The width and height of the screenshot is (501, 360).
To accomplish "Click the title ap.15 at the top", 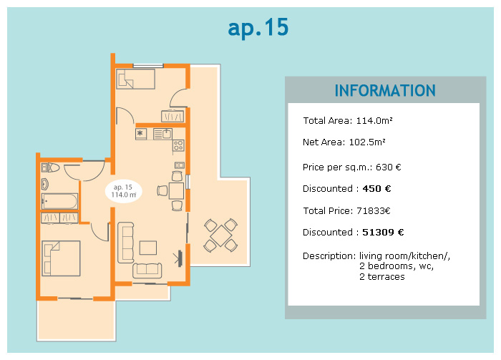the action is coord(258,28).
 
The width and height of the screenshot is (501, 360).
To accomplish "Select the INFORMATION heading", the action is coord(385,90).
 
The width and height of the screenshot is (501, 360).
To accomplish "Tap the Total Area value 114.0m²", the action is coord(374,121).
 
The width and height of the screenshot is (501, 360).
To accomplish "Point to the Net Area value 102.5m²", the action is coord(367,142).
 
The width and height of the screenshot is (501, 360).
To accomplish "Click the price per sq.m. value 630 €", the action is coord(388,167).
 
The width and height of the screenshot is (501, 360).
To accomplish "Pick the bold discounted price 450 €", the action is coord(376,188).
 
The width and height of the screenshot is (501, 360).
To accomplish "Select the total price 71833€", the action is coord(373,211).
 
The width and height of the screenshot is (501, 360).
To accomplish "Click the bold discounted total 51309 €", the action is coord(383,232).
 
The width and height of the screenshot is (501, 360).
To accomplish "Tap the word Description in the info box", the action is coord(329,256).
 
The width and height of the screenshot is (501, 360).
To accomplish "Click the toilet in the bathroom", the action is coord(51,167).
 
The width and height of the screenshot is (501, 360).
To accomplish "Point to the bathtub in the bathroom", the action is coord(59,201).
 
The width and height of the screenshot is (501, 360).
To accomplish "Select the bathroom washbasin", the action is coord(44,185).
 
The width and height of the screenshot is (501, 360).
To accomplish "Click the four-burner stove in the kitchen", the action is coord(178,146).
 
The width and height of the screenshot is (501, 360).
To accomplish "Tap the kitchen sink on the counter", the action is coord(162,134).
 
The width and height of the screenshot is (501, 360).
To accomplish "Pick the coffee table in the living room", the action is coord(148,248).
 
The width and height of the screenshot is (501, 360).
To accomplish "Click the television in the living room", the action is coord(179,258).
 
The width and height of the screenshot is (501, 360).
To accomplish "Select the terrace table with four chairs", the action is coord(220,235).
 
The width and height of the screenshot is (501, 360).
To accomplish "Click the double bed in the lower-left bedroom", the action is coord(61,258).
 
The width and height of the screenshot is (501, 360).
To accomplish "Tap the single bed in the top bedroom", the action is coord(135,79).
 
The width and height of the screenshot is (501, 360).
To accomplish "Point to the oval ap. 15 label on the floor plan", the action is coord(124,191).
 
